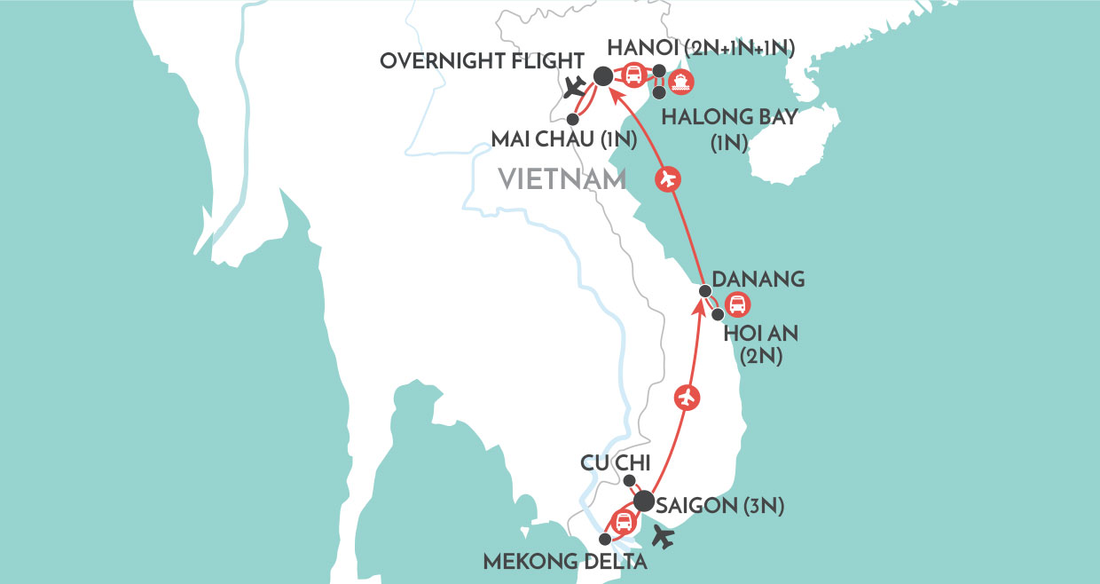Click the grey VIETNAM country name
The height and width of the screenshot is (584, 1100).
click(x=562, y=180)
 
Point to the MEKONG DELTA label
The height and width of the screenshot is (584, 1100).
click(x=553, y=562)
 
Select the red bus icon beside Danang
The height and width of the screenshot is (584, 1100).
click(x=736, y=306)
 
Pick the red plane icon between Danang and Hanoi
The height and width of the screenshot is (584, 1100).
click(x=668, y=180)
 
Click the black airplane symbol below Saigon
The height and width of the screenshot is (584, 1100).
click(x=662, y=536)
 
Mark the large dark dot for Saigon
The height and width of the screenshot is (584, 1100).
click(x=644, y=501)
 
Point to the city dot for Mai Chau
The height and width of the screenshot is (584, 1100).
click(x=572, y=118)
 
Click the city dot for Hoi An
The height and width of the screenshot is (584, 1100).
click(x=718, y=314)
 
